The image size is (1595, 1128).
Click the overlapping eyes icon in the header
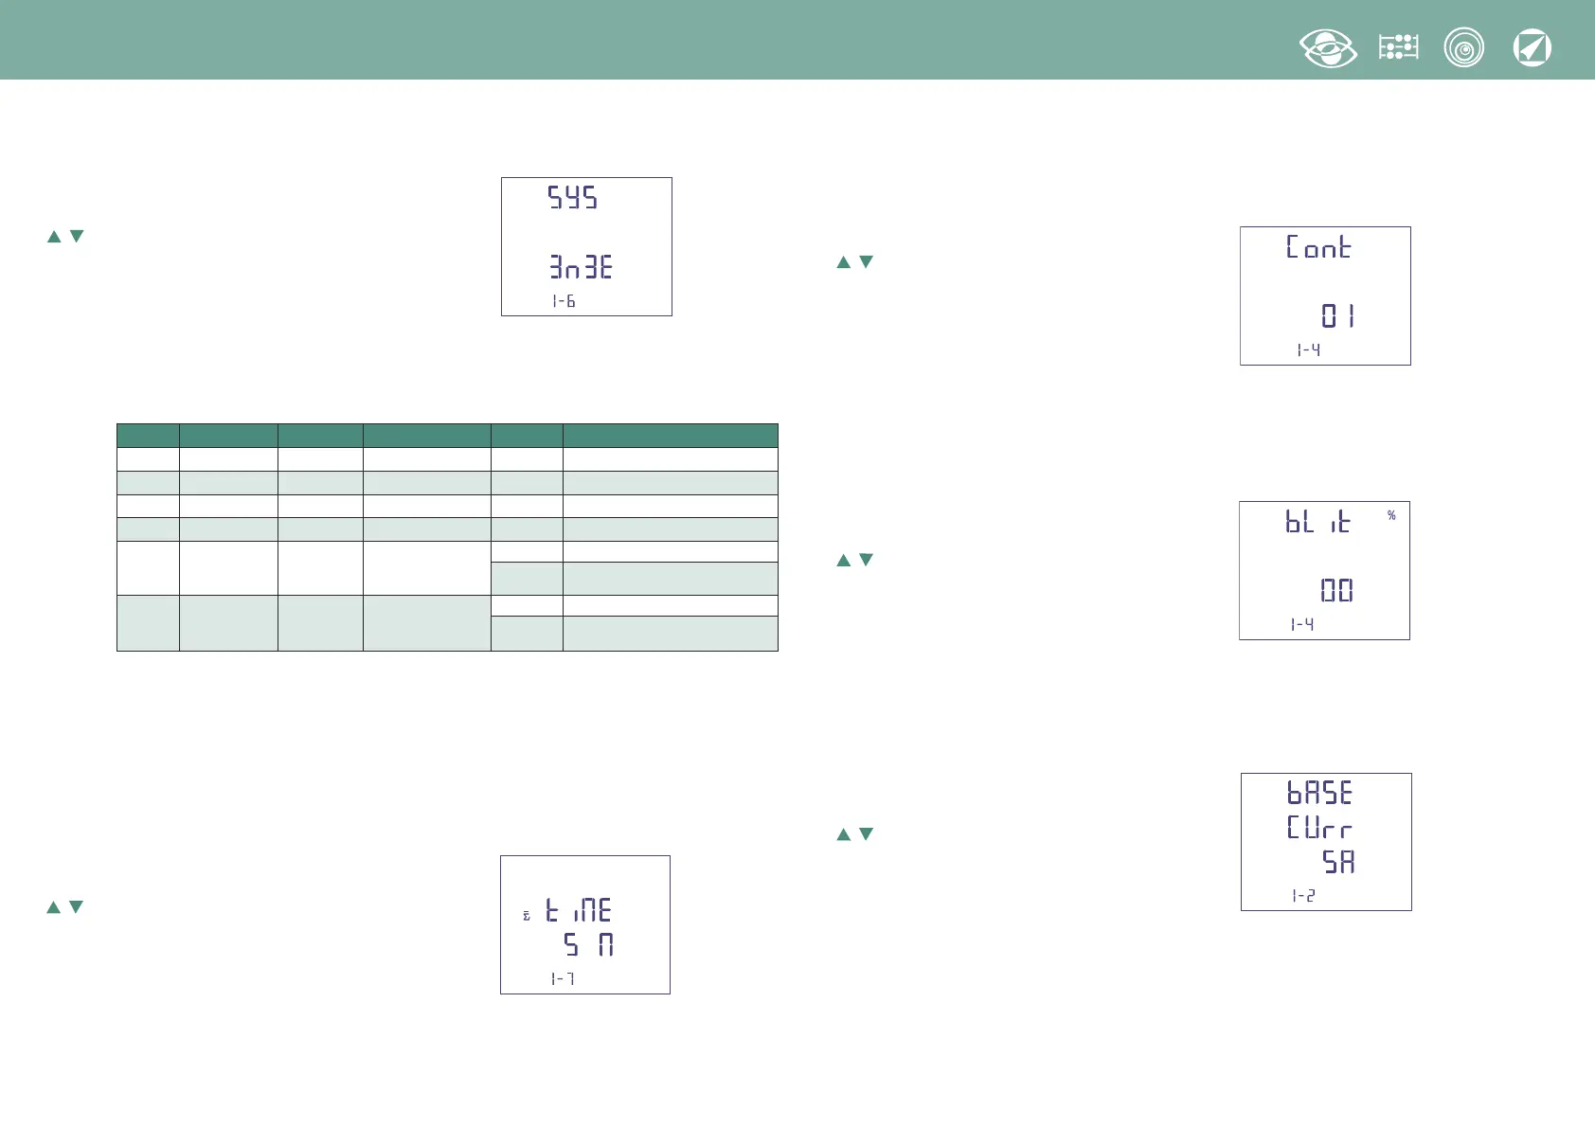point(1328,48)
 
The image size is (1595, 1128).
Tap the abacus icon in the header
point(1398,47)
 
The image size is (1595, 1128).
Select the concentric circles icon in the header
point(1463,48)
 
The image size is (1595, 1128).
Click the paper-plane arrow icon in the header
point(1532,48)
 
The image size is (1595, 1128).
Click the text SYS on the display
point(573,198)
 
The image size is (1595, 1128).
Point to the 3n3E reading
point(581,268)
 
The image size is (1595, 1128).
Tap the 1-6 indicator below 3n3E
point(564,301)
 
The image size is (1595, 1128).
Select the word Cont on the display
point(1318,247)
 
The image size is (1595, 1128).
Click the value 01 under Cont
point(1337,315)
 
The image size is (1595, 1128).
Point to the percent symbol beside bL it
point(1391,515)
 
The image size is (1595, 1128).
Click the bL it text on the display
point(1317,522)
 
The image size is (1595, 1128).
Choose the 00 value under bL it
point(1336,591)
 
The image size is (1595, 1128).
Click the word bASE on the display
point(1319,793)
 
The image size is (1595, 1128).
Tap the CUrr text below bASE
point(1318,828)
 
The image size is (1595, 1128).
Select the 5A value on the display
point(1338,862)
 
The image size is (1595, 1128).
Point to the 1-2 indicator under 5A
point(1303,896)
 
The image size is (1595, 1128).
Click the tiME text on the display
point(579,911)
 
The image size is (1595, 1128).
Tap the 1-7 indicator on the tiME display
point(563,978)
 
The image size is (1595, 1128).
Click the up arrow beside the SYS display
point(54,237)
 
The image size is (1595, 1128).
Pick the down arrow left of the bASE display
point(866,834)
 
